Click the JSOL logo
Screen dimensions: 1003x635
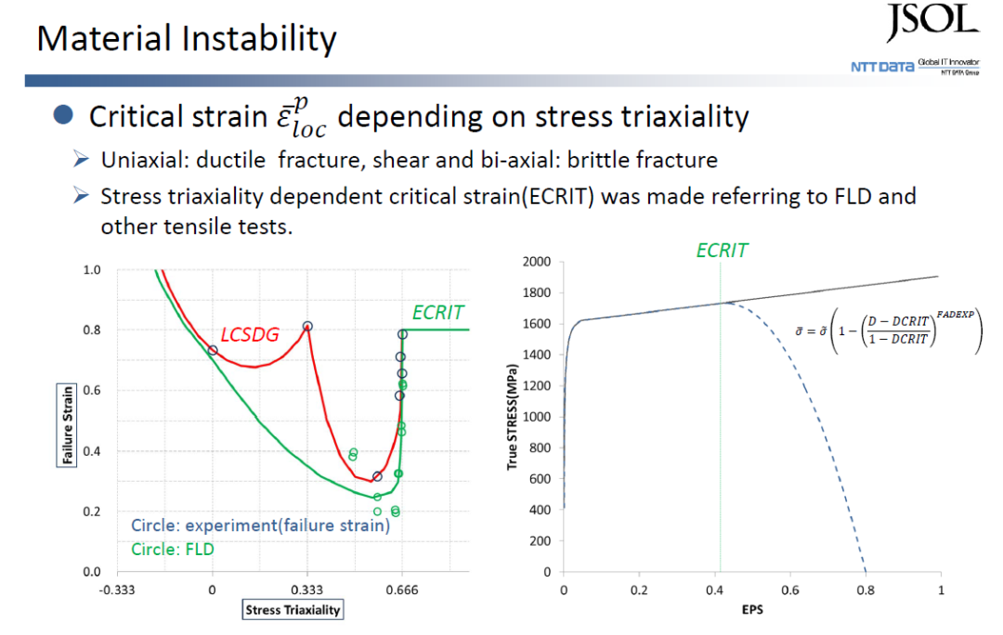[x=932, y=22]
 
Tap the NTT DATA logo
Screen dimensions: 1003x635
[x=915, y=67]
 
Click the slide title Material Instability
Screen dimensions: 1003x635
[x=186, y=40]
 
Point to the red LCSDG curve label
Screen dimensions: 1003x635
[x=250, y=334]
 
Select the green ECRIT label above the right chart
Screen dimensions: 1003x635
[x=722, y=250]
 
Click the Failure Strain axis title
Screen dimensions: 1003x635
[x=67, y=425]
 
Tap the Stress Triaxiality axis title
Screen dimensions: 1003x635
[x=293, y=609]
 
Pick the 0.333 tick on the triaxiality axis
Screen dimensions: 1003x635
[x=307, y=590]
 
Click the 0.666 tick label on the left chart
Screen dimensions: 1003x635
[x=402, y=590]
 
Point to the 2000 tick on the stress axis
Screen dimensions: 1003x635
[x=537, y=262]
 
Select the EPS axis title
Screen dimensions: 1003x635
[x=752, y=609]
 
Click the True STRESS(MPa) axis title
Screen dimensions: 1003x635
[x=512, y=418]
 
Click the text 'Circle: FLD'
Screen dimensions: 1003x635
[x=173, y=550]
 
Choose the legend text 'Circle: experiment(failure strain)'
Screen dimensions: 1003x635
[x=260, y=525]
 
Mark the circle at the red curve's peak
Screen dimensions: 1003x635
[x=307, y=326]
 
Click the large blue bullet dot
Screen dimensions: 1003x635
[x=63, y=114]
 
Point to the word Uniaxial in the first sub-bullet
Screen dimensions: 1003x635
[x=145, y=160]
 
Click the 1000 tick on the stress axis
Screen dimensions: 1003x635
[x=537, y=417]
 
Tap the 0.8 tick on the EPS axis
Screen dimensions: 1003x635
[x=866, y=590]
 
